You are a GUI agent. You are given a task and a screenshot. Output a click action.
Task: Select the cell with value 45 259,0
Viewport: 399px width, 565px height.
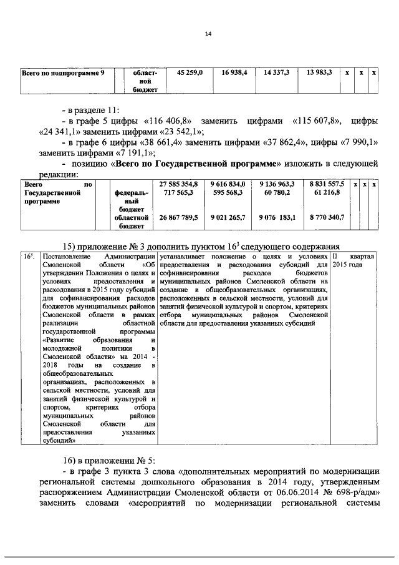(190, 73)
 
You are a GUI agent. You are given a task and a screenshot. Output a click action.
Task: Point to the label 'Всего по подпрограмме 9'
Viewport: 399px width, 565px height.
(63, 73)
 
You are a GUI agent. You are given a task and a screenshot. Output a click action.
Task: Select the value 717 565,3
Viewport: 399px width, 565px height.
(182, 194)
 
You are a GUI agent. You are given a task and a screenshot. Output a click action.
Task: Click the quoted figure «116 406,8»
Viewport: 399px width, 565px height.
(168, 120)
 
